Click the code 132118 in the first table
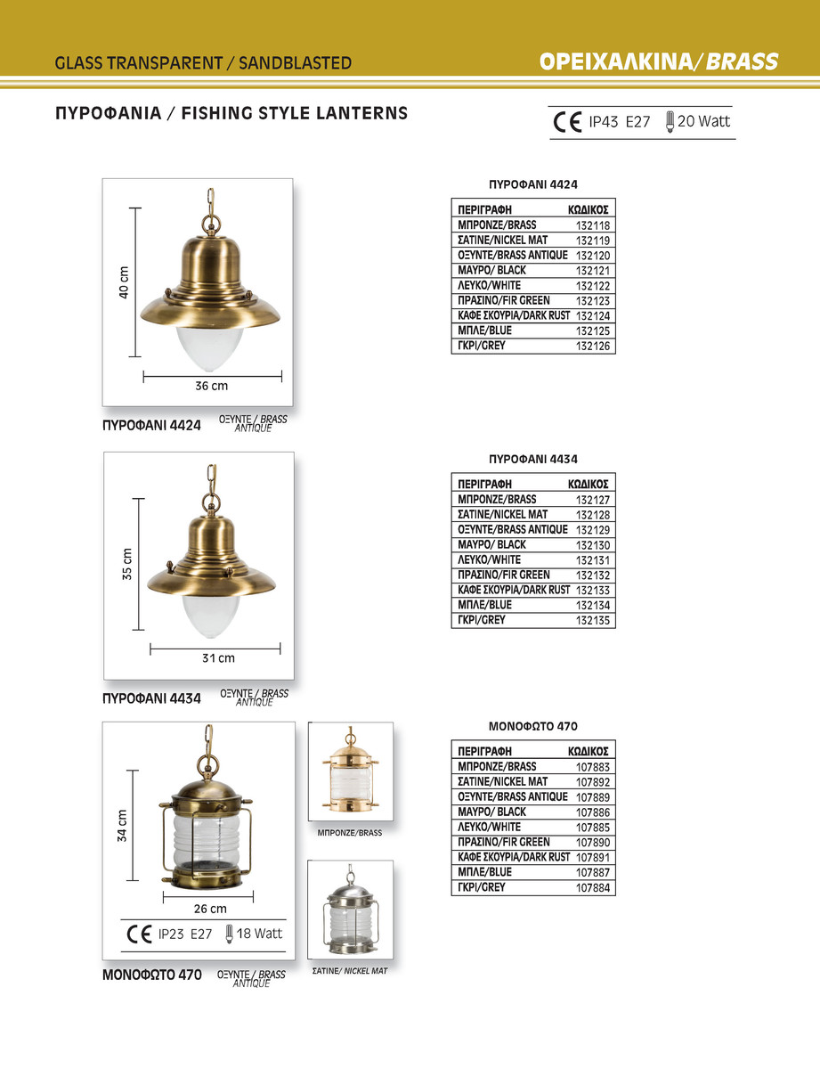coord(592,226)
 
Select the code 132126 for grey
coord(592,347)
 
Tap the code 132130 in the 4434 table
coord(592,545)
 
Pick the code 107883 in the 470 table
coord(592,767)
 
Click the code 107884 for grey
coord(592,888)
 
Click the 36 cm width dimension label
coord(212,387)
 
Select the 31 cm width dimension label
coord(218,658)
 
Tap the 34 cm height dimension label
coord(123,826)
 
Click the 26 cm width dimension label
coord(210,909)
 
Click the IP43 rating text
coord(604,122)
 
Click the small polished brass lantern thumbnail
coord(350,771)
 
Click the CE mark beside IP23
coord(140,934)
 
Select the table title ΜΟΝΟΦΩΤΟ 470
coord(532,727)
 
